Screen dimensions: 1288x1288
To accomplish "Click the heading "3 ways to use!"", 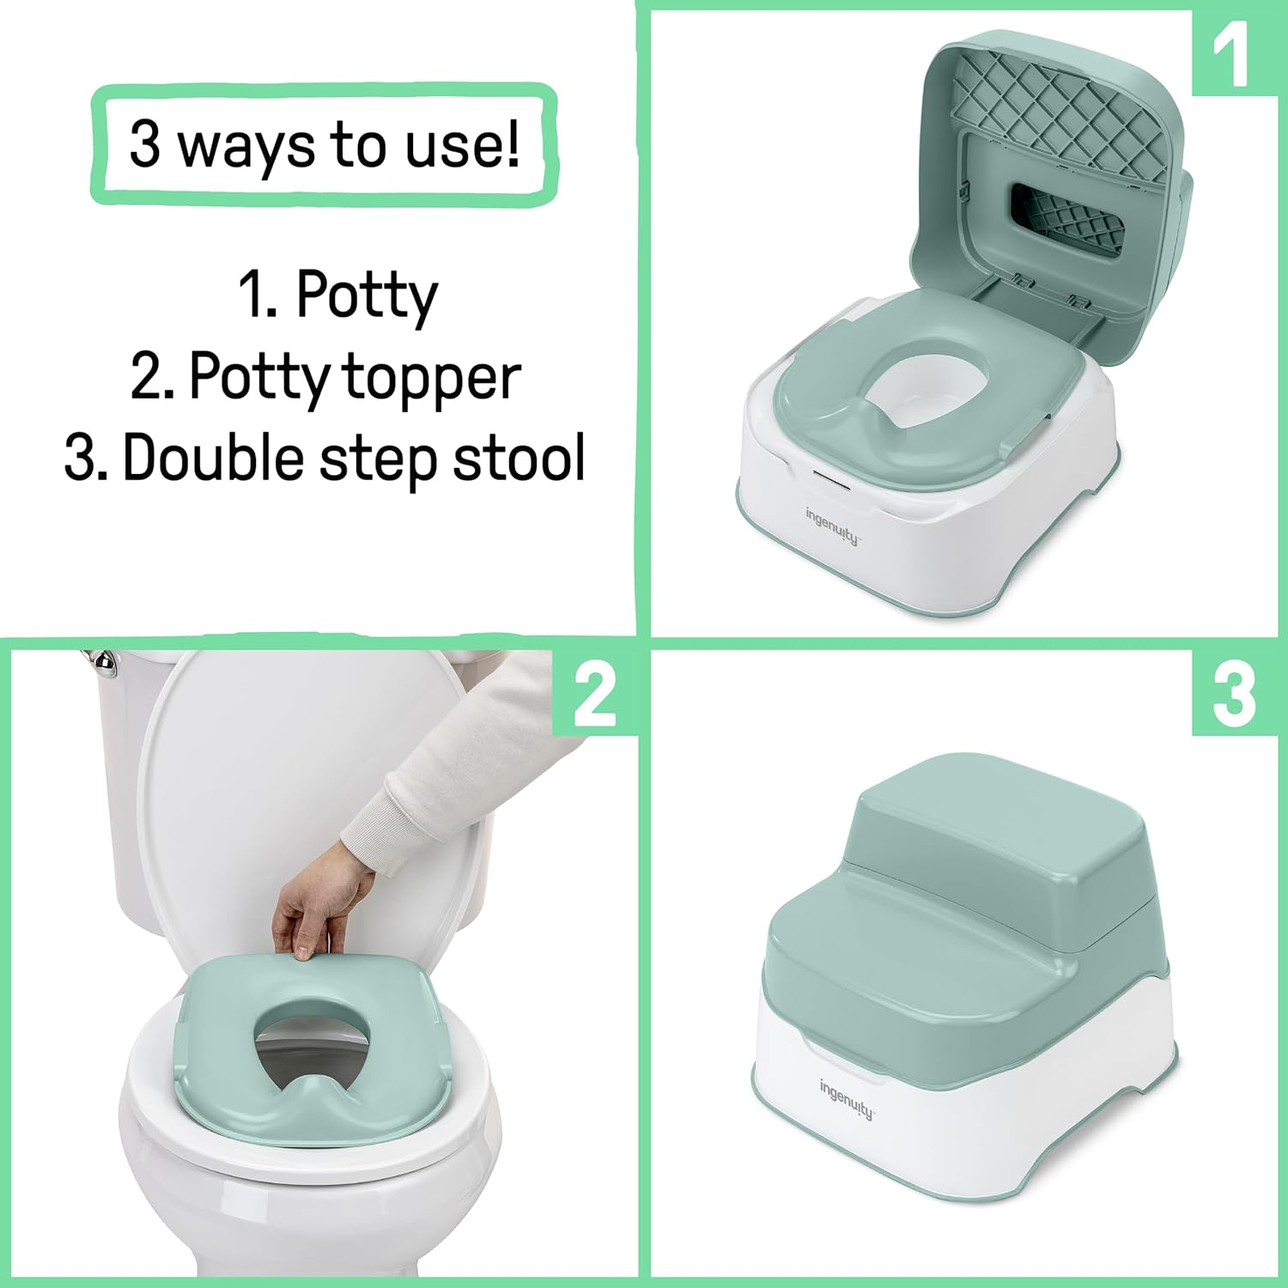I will coord(324,144).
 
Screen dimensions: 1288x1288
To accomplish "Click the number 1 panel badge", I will coord(1232,53).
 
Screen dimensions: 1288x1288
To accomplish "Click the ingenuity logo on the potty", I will coord(831,525).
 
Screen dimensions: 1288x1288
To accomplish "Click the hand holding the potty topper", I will coord(313,910).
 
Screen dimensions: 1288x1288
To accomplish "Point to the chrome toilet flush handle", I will coord(101,661).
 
